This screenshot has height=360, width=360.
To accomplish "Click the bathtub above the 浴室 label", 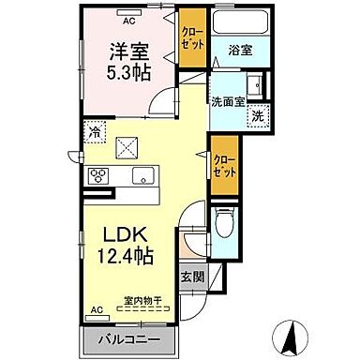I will pos(240,23).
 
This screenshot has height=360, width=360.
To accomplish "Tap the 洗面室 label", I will pos(228,99).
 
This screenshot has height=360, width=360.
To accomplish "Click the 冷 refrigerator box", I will pos(96,134).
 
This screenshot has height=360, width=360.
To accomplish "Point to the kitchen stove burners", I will pos(98,175).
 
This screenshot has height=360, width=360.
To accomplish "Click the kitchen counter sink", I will pos(146,174).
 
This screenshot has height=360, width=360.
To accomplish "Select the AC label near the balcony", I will pos(96,308).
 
